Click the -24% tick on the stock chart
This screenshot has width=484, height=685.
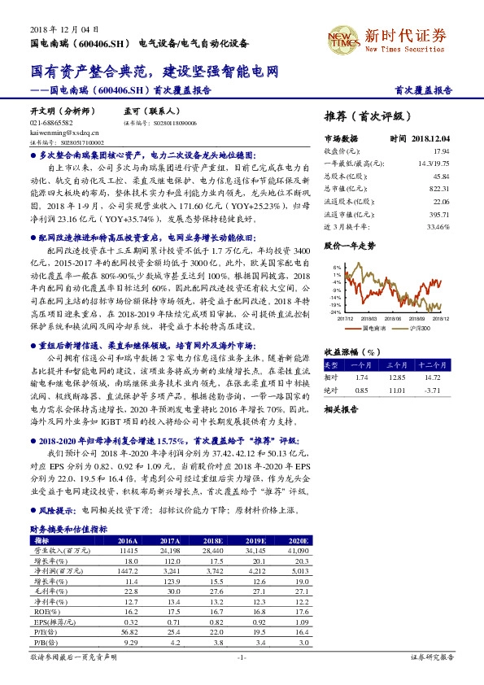pyautogui.click(x=334, y=312)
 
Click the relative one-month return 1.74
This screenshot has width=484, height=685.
pyautogui.click(x=363, y=377)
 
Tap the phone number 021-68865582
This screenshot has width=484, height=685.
pyautogui.click(x=51, y=122)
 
